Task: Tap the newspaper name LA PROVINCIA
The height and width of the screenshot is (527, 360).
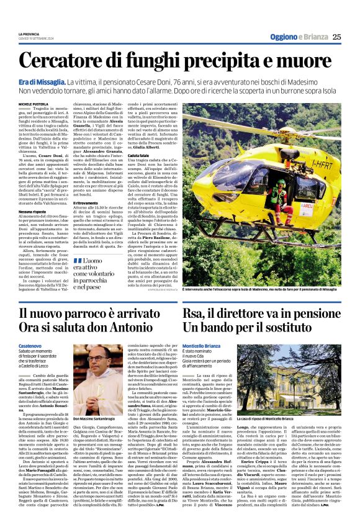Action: point(30,34)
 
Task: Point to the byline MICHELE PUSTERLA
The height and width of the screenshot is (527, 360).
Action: point(34,104)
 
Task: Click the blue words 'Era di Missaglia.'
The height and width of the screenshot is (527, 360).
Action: point(42,82)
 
